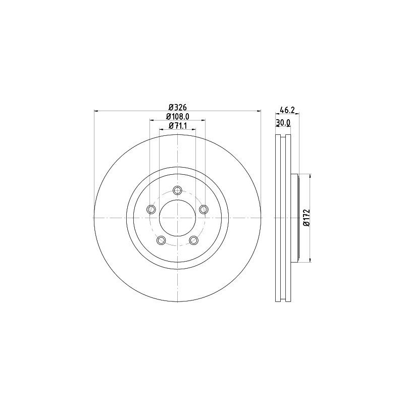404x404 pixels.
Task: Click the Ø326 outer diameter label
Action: pos(177,107)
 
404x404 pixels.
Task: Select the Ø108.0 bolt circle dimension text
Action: pos(177,116)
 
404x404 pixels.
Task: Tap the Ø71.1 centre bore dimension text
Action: pos(177,126)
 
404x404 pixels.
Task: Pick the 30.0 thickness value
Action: pos(283,123)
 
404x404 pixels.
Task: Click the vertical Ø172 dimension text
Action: pos(306,218)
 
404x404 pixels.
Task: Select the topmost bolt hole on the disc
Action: pos(177,190)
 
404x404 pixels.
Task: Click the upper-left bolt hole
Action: pos(150,209)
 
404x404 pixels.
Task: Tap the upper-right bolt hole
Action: pos(204,209)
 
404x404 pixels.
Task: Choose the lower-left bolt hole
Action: pos(161,240)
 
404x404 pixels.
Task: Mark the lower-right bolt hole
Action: pos(194,240)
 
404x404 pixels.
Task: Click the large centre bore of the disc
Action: pos(177,218)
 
